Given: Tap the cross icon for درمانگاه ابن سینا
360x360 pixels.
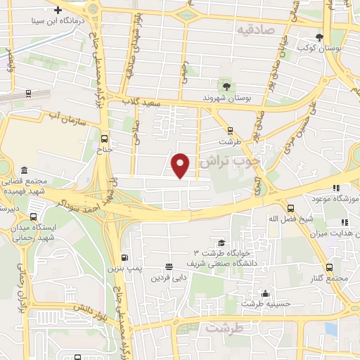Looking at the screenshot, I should click(57, 11).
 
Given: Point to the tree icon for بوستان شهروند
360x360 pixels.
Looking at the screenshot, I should click(224, 86).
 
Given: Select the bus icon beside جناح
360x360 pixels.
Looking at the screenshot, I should click(104, 139).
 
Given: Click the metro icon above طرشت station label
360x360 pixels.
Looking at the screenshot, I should click(230, 129).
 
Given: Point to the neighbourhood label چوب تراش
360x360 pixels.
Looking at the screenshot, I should click(230, 161).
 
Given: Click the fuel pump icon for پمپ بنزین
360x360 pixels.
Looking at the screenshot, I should click(124, 257).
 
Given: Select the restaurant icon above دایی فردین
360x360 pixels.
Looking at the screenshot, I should click(168, 266).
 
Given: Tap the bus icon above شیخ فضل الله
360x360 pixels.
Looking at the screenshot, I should click(291, 207).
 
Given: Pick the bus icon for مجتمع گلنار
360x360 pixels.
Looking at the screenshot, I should click(330, 267).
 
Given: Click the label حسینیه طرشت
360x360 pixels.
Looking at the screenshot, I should click(262, 304).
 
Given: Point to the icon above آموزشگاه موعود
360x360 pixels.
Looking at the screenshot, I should click(337, 187).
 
